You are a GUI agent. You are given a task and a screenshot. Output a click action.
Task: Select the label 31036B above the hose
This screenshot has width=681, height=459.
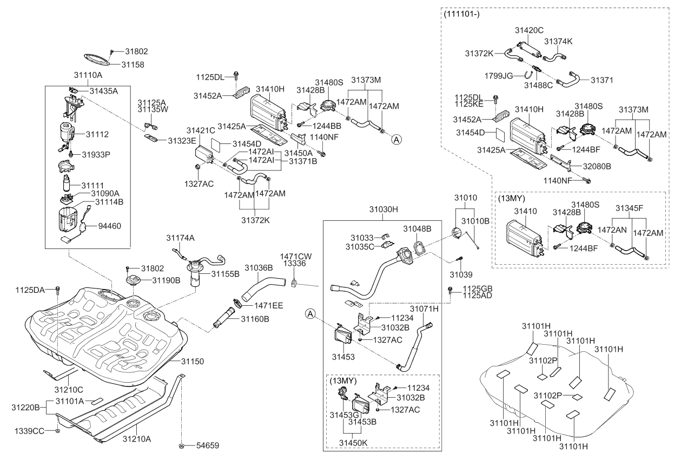pos(259,267)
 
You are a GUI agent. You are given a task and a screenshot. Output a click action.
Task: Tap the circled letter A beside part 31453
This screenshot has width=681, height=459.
pos(310,313)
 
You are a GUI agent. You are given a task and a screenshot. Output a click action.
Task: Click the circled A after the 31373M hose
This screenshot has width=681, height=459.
pos(396,139)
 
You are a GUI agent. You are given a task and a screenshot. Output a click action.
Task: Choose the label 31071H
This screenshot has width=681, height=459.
pos(424,309)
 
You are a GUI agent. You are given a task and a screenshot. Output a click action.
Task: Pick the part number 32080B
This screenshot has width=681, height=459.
pos(597,167)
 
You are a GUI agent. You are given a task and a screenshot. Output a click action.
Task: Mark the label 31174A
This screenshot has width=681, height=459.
pos(180,238)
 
